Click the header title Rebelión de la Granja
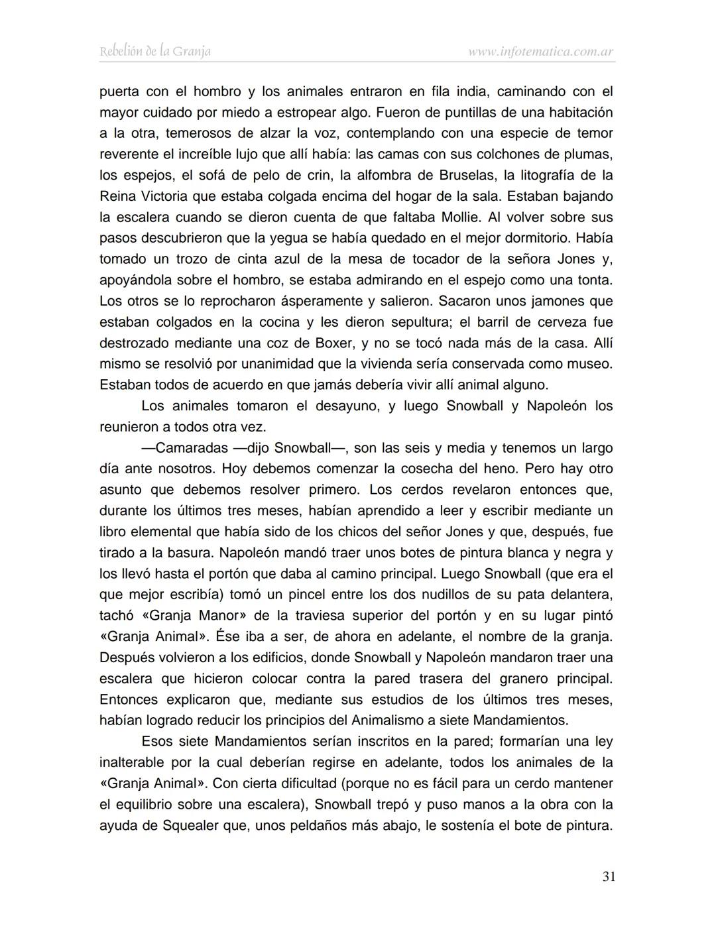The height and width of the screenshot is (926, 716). (155, 51)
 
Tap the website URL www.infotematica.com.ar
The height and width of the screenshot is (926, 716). (540, 51)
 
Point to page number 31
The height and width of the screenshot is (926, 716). (609, 877)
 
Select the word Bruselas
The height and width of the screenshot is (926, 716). (466, 176)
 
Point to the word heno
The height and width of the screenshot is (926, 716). (498, 469)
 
